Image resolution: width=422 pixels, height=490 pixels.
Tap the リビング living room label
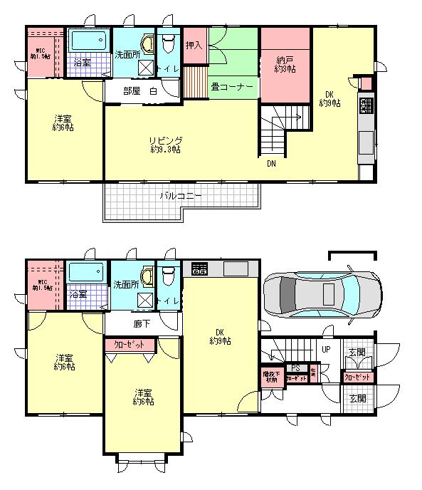[165, 145]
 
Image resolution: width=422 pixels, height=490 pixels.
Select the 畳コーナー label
[232, 87]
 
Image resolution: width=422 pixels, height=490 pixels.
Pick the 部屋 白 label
[139, 91]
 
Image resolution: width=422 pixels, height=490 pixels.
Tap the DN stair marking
[272, 163]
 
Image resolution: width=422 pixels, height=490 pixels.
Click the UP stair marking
[326, 350]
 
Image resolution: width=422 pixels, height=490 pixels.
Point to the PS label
[295, 369]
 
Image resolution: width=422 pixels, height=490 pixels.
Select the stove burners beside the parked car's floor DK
[199, 269]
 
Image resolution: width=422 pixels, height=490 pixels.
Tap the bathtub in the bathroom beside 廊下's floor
[87, 272]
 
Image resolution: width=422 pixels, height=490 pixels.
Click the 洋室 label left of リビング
[63, 123]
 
